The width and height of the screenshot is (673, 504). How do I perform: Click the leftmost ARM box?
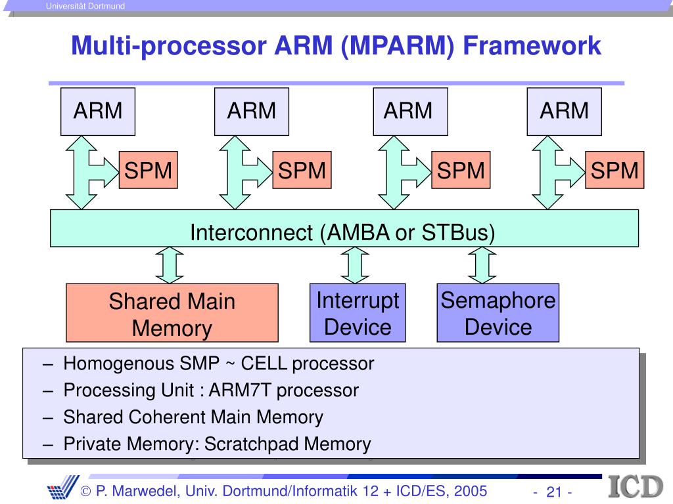pos(98,112)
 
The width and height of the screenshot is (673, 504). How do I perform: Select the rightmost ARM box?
pos(564,112)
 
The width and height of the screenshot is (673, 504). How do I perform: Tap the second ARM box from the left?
pos(252,112)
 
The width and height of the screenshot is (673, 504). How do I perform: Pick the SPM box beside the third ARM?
pos(461,170)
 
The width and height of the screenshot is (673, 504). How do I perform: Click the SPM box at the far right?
pos(615,170)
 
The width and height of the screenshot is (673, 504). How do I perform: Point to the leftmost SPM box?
pos(148,170)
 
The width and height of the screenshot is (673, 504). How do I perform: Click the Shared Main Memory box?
pos(172,313)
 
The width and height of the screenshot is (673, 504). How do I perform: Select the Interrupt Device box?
pos(358,313)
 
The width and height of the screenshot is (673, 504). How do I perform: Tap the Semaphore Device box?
pos(498,313)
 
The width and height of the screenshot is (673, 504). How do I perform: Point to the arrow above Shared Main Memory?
pos(170,265)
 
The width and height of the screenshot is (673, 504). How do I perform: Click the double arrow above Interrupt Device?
pos(355,265)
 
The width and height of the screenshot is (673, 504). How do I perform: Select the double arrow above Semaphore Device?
pos(482,265)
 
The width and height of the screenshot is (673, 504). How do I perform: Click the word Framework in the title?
pos(532,45)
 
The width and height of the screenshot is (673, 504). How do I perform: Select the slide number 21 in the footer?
pos(553,492)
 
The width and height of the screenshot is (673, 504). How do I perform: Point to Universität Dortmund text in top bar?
pos(85,6)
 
